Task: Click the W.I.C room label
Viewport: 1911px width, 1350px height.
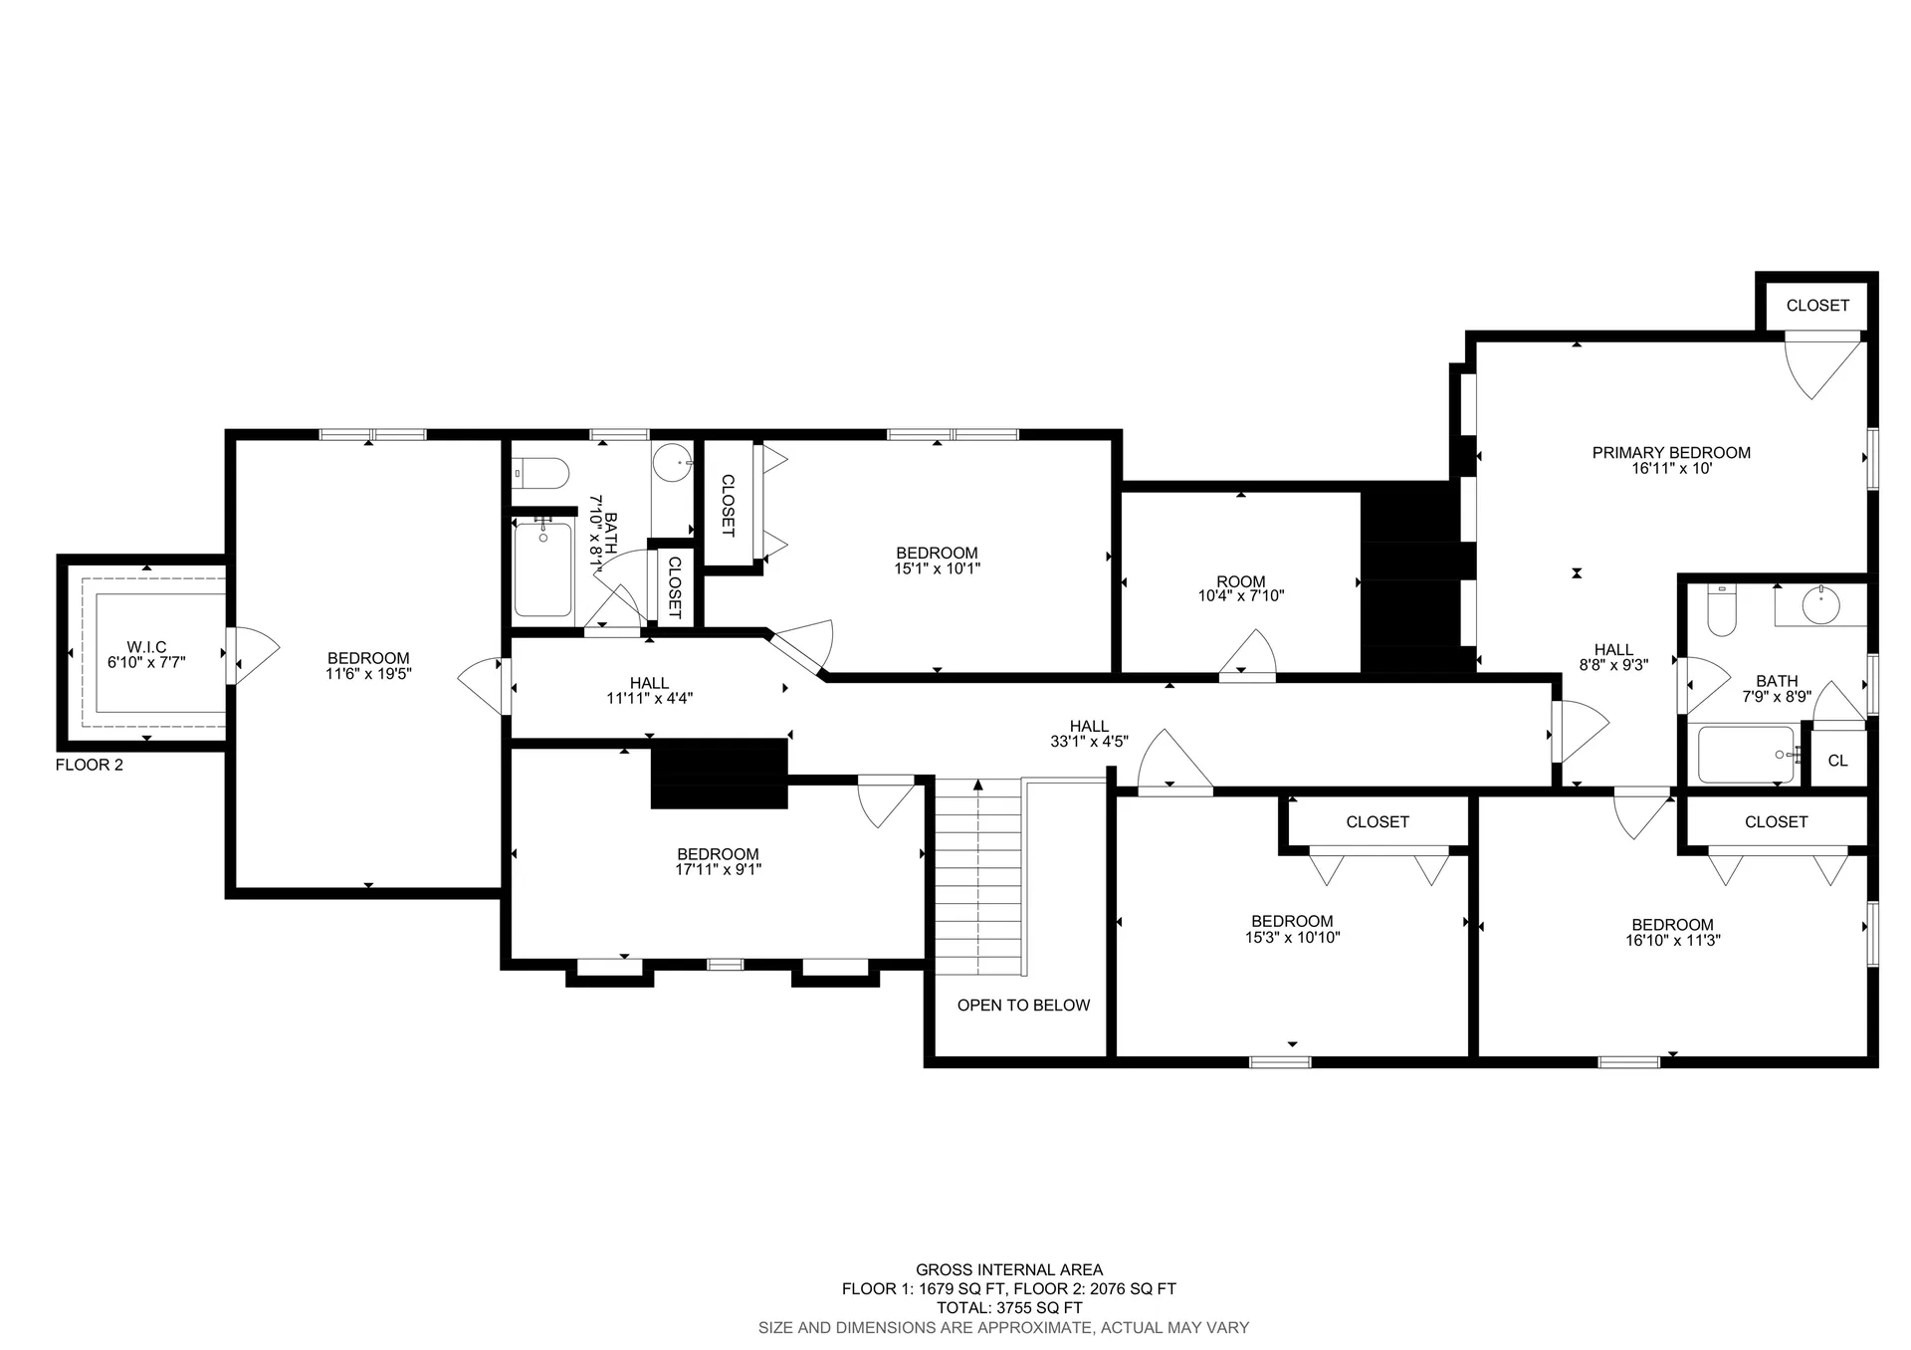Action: click(x=146, y=647)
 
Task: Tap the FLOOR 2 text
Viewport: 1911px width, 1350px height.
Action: click(x=90, y=765)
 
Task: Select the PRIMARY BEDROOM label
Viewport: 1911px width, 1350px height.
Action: click(x=1671, y=453)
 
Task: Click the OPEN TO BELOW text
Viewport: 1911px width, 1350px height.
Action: click(x=1023, y=1006)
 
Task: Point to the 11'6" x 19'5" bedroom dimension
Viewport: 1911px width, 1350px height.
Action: click(x=368, y=674)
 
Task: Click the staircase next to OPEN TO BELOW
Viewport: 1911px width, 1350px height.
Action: click(x=978, y=876)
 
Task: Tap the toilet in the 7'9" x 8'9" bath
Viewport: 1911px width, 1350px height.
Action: click(x=1722, y=611)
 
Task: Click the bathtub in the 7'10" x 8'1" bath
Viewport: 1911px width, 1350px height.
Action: click(x=543, y=569)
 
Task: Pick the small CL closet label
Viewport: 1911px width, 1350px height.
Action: click(x=1837, y=761)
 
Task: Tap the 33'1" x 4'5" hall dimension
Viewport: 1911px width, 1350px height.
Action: click(x=1089, y=742)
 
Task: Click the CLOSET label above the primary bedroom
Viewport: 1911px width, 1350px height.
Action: click(x=1817, y=306)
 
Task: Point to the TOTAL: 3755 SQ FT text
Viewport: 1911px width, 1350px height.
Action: click(x=1009, y=1308)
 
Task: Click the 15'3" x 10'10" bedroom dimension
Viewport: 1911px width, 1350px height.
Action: click(x=1292, y=938)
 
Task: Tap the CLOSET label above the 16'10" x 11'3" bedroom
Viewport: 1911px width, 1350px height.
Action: click(x=1776, y=822)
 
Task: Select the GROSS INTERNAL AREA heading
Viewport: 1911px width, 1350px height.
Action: click(x=1009, y=1269)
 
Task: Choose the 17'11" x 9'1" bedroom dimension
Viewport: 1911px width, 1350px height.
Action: click(x=718, y=870)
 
